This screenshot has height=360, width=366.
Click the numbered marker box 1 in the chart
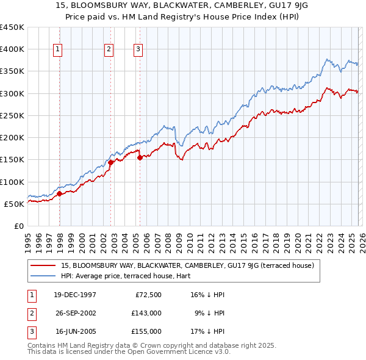tap(57, 49)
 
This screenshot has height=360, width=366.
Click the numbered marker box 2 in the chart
tap(109, 49)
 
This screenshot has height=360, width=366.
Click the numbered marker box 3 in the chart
tap(138, 49)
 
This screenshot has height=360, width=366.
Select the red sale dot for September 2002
tap(111, 163)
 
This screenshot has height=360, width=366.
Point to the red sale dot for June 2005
tap(140, 157)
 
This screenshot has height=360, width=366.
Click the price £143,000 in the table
tap(146, 313)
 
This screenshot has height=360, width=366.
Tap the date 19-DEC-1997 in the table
tap(74, 295)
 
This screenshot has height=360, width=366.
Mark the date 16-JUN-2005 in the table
tap(74, 331)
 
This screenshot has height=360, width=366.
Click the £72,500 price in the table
tap(148, 295)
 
